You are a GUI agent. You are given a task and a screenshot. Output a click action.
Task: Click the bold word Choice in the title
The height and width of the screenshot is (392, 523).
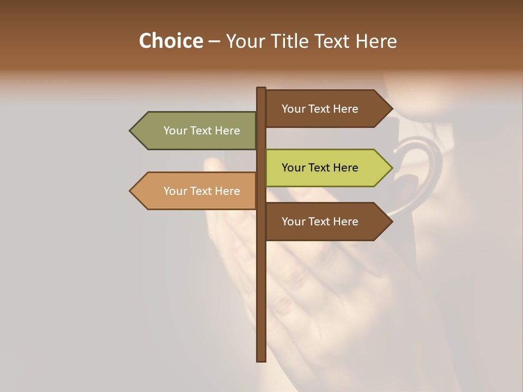coord(171,41)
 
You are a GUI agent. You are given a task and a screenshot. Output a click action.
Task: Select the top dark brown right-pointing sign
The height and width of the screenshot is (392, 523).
coord(321,109)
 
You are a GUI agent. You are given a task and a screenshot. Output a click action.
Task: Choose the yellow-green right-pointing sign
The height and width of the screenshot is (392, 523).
coord(321,168)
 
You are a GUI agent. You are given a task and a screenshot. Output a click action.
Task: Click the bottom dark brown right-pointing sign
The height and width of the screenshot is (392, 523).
coord(321,222)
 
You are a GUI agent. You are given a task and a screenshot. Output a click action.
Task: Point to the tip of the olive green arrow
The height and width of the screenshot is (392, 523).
coord(131,131)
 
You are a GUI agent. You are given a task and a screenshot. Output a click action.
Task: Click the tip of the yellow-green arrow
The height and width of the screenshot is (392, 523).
coord(392,168)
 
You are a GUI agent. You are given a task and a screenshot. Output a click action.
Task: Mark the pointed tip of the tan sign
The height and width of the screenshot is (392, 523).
coord(131,191)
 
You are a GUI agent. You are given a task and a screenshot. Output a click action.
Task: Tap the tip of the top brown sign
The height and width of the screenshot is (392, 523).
coord(392,109)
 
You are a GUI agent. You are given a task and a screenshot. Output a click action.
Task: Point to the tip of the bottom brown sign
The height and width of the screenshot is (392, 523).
coord(392,222)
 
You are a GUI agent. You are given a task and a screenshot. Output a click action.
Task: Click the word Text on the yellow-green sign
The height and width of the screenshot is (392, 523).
coord(320,168)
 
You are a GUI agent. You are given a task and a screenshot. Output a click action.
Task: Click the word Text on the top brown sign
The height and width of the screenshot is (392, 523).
coord(320,109)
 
